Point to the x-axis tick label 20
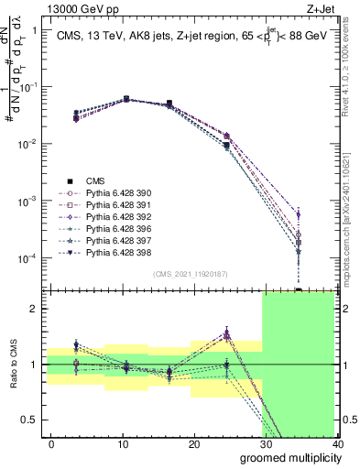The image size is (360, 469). (x=194, y=443)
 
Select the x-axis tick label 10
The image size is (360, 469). (x=123, y=443)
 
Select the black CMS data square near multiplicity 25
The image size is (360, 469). (x=226, y=146)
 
